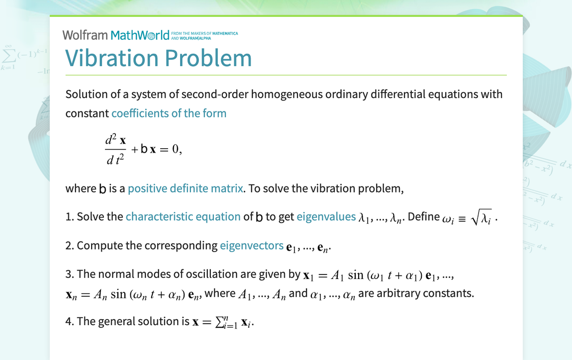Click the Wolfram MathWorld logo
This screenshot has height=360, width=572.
[x=116, y=35]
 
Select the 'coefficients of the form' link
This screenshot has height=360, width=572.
[x=169, y=113]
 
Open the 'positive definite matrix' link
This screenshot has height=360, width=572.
[x=185, y=189]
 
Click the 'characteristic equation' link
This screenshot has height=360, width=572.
[x=183, y=217]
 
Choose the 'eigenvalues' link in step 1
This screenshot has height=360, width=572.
[x=326, y=217]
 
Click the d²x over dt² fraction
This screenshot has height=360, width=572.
[x=115, y=150]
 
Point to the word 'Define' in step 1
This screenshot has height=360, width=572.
[x=423, y=217]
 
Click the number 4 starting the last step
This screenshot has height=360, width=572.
[x=68, y=321]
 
